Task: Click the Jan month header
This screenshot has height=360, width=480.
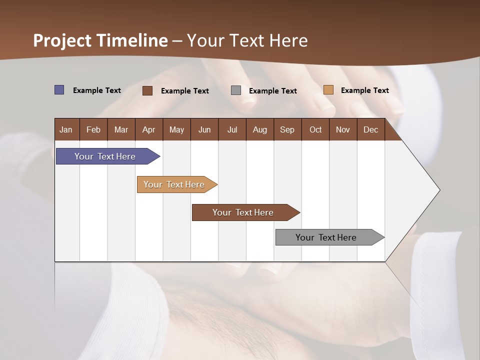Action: [66, 129]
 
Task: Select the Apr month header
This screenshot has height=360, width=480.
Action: [148, 129]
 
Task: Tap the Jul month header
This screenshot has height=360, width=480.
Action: [232, 129]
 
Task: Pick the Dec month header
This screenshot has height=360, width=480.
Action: [370, 129]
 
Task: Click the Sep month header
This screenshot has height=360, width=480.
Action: [287, 129]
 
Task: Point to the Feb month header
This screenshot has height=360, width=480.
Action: [93, 129]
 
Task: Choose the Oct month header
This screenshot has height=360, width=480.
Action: [315, 129]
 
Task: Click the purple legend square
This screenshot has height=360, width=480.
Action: [59, 90]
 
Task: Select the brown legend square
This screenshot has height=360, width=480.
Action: [147, 90]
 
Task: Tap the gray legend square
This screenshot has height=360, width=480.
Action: [236, 90]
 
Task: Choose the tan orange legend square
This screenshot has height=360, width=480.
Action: [328, 90]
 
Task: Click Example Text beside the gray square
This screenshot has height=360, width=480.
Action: [273, 91]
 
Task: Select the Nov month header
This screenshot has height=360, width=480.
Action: [343, 129]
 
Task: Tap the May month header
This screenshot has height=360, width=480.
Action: [176, 129]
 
